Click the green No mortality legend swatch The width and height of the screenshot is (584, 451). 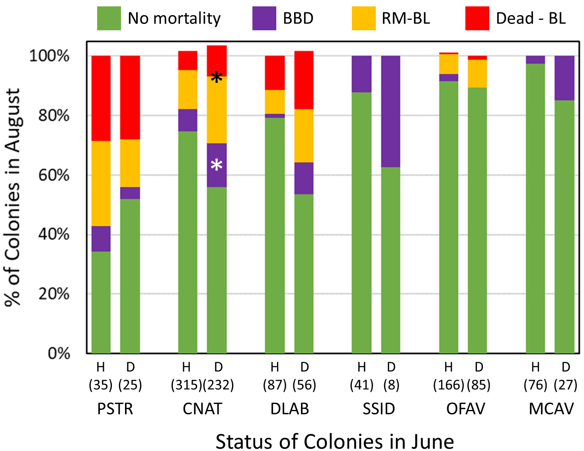pyautogui.click(x=109, y=18)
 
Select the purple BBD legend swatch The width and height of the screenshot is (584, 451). pyautogui.click(x=264, y=18)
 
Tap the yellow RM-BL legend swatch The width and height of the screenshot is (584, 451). pyautogui.click(x=363, y=18)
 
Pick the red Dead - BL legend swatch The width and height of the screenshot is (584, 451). pyautogui.click(x=477, y=18)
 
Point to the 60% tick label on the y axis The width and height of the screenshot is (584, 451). pyautogui.click(x=54, y=175)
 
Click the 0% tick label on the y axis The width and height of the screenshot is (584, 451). pyautogui.click(x=59, y=353)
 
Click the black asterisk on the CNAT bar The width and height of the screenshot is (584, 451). pyautogui.click(x=217, y=78)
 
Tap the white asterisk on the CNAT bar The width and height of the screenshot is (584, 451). pyautogui.click(x=217, y=165)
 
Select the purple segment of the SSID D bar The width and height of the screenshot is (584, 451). pyautogui.click(x=391, y=112)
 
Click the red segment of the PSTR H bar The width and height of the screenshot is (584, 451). pyautogui.click(x=101, y=98)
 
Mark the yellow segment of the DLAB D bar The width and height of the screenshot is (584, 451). pyautogui.click(x=304, y=135)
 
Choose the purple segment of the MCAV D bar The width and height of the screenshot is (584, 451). pyautogui.click(x=564, y=78)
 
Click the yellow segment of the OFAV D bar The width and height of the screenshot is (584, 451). pyautogui.click(x=477, y=74)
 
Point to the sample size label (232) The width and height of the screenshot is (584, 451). pyautogui.click(x=218, y=385)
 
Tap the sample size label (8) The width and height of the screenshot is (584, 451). pyautogui.click(x=391, y=385)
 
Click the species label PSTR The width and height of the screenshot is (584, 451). pyautogui.click(x=115, y=409)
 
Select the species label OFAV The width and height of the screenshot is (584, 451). pyautogui.click(x=465, y=409)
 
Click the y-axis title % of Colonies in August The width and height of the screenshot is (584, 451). pyautogui.click(x=13, y=197)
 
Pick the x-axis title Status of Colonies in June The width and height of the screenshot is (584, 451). pyautogui.click(x=334, y=441)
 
